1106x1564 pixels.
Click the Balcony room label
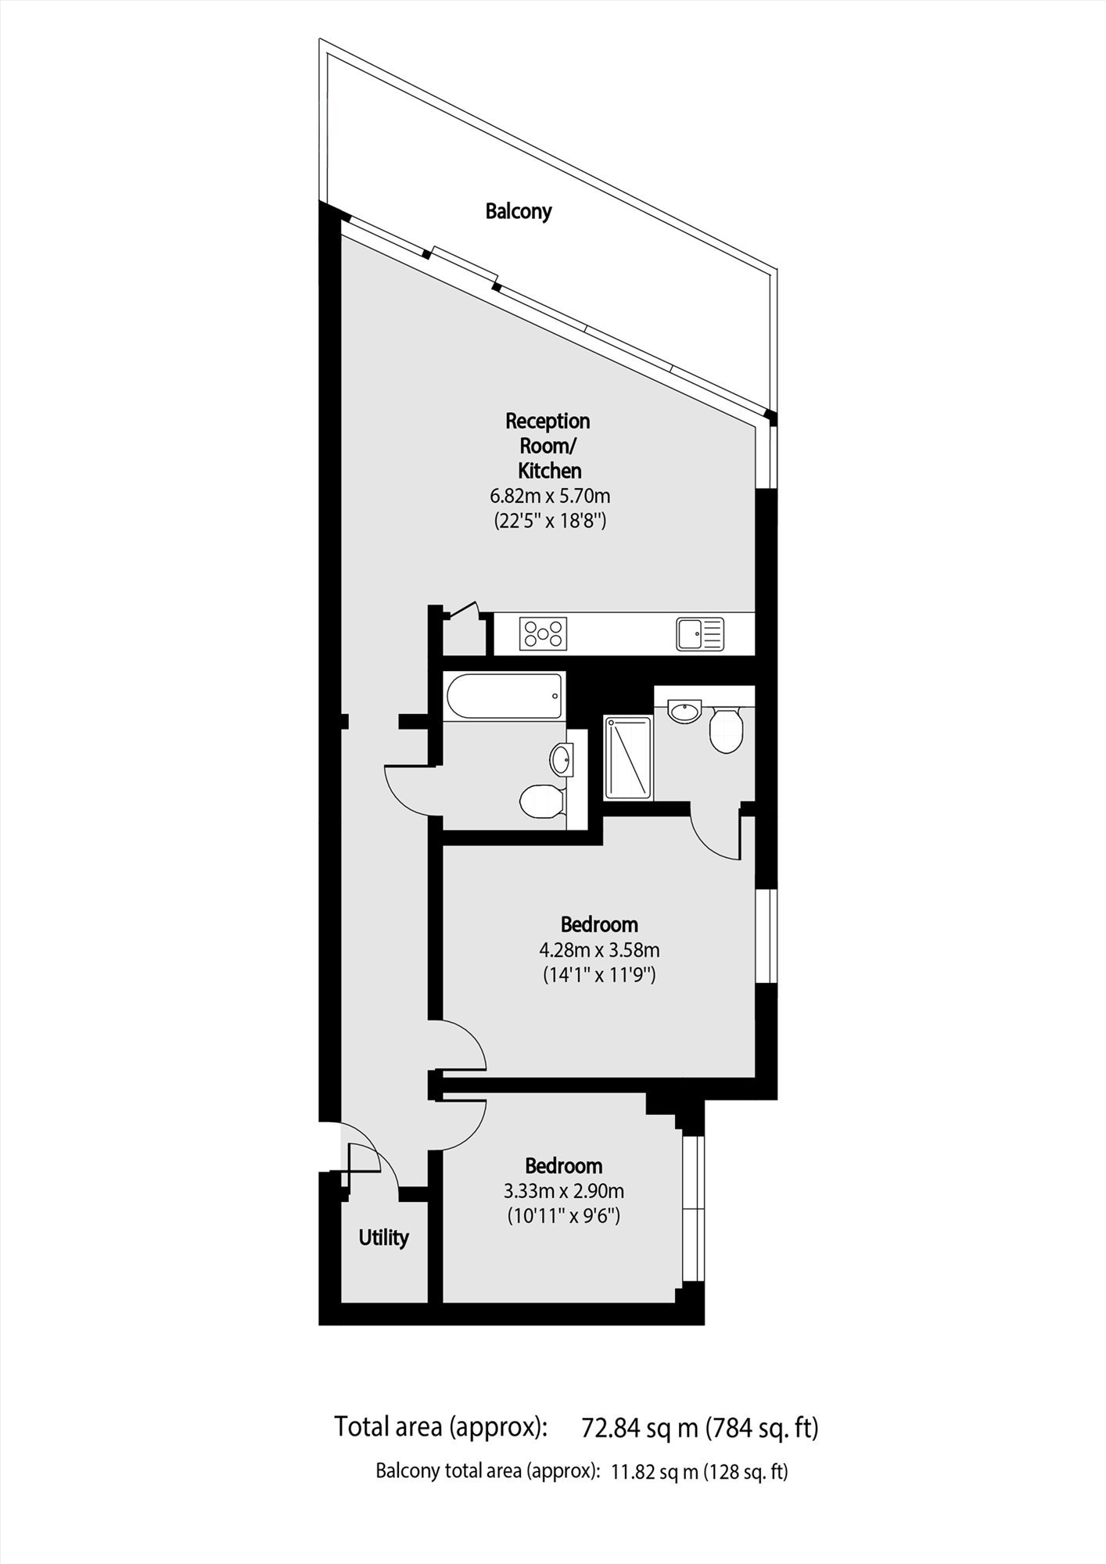[519, 211]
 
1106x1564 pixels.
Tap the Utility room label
[383, 1237]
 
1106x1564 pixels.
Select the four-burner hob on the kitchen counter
[544, 633]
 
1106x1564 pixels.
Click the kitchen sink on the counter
[701, 633]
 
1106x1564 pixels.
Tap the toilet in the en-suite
[725, 730]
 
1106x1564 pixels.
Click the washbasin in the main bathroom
[562, 759]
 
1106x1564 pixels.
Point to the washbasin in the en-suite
[685, 712]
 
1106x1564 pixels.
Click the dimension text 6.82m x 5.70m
[550, 496]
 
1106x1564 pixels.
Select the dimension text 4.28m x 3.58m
[599, 950]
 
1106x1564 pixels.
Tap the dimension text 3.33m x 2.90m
[564, 1192]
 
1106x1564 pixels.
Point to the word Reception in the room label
[548, 422]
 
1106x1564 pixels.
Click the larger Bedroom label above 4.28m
[599, 924]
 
